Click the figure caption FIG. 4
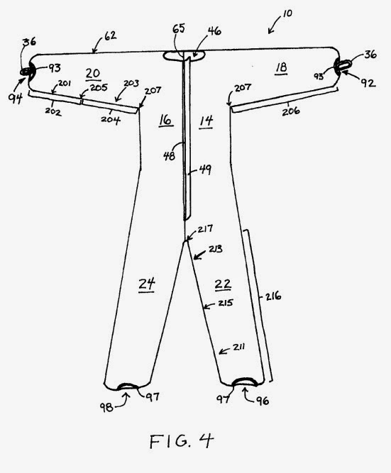182,441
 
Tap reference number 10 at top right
287,13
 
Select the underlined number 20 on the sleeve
93,74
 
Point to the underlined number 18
281,67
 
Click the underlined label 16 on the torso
165,120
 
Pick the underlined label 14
206,121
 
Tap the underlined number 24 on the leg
147,284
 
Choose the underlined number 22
223,284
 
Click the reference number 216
273,296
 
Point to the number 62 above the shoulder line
110,35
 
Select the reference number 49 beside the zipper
205,169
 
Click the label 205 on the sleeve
99,87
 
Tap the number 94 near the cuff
16,98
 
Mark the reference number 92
368,83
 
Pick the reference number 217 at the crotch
205,229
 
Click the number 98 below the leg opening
106,408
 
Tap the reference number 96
263,400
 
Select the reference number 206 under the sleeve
291,111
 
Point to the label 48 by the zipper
169,155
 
